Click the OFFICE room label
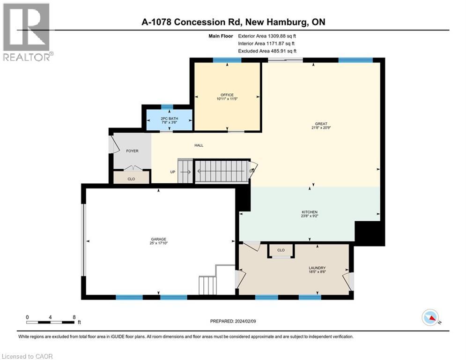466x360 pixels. [227, 95]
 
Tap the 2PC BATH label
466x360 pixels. [169, 119]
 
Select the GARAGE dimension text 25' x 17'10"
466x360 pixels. [158, 243]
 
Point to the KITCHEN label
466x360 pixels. [310, 212]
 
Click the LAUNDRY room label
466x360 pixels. [317, 268]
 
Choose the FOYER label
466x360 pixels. [132, 151]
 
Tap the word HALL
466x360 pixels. [199, 145]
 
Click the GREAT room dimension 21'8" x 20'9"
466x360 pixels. [321, 127]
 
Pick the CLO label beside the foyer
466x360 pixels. [131, 179]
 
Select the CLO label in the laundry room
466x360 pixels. [281, 250]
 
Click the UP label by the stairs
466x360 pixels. [173, 172]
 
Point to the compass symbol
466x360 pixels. [430, 318]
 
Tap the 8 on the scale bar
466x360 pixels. [74, 317]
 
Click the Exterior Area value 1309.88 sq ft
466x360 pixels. [282, 36]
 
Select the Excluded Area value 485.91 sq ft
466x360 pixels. [283, 51]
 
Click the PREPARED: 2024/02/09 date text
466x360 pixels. [233, 321]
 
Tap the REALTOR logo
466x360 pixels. [27, 32]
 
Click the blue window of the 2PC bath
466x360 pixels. [167, 107]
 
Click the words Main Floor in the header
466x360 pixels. [221, 36]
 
